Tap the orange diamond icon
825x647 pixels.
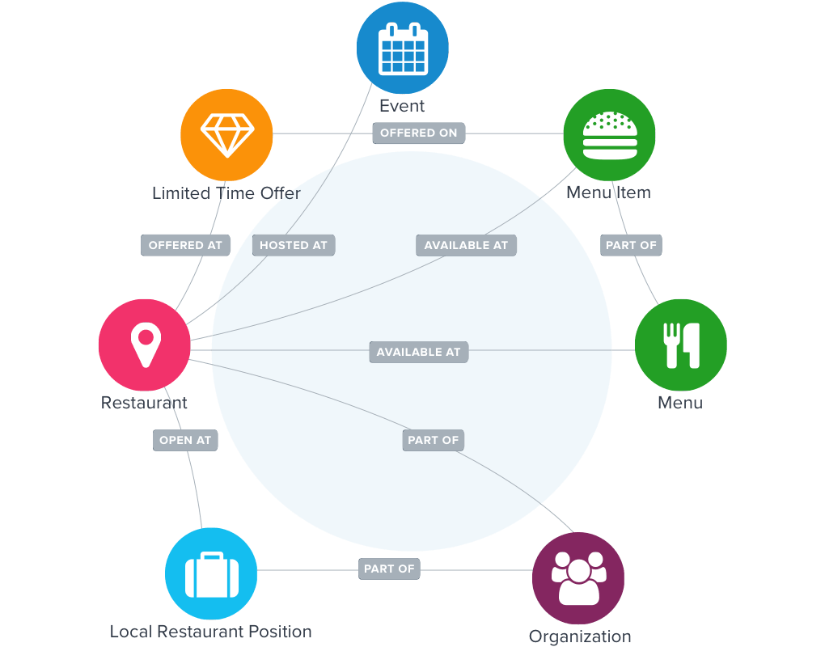226,134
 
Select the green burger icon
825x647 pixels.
609,134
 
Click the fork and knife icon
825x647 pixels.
680,345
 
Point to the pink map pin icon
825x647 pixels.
144,345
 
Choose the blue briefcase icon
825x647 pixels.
211,573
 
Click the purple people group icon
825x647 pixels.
578,577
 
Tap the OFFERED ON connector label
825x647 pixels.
419,133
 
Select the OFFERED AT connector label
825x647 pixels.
185,245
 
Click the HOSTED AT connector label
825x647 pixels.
293,245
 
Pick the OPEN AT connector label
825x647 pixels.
185,440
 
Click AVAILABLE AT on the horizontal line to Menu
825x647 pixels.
418,352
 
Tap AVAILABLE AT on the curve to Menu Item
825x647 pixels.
466,245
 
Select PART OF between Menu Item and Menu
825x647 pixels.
632,245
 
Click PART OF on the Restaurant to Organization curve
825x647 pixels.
434,440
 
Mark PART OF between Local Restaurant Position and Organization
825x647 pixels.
389,569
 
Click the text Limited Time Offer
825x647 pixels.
226,193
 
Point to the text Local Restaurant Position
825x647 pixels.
211,632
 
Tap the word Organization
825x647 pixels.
579,636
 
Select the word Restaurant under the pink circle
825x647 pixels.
144,402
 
